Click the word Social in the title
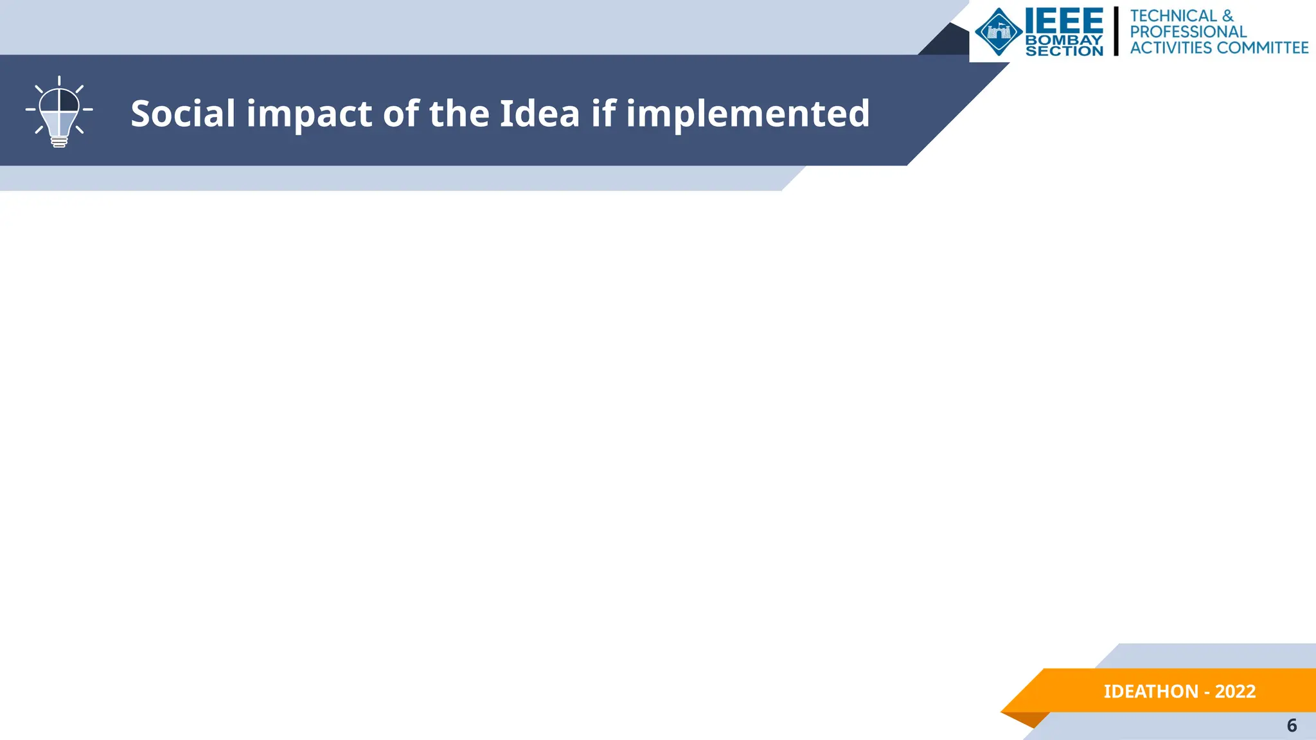tap(183, 114)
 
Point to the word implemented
tap(748, 114)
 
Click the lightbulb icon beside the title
tap(59, 112)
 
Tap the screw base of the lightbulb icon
tap(59, 141)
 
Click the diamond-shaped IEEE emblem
tap(999, 31)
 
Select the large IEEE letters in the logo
tap(1064, 22)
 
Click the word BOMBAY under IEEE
tap(1064, 40)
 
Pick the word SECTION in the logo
tap(1064, 51)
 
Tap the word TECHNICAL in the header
tap(1173, 15)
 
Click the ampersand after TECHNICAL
tap(1228, 15)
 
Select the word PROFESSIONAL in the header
tap(1188, 31)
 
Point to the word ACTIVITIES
tap(1171, 48)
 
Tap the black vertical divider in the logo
tap(1116, 31)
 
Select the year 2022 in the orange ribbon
tap(1235, 691)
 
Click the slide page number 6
tap(1292, 725)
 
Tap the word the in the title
tap(458, 114)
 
